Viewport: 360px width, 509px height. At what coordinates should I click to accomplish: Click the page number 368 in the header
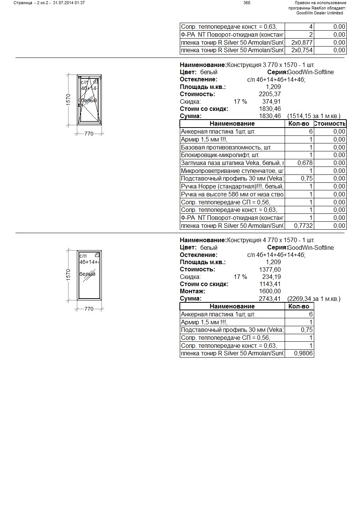click(x=246, y=3)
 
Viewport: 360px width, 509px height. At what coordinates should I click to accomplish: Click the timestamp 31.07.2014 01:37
click(x=69, y=3)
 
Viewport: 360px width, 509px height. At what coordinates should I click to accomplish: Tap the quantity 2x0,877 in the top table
click(x=302, y=42)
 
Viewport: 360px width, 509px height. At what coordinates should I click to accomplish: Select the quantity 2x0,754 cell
click(x=302, y=50)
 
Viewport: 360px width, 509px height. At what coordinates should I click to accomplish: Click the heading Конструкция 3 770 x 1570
click(x=270, y=65)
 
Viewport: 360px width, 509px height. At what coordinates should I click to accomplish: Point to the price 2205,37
click(x=270, y=94)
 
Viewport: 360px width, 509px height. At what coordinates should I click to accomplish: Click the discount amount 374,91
click(x=271, y=101)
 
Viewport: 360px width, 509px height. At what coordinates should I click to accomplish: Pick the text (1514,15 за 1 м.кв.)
click(x=314, y=116)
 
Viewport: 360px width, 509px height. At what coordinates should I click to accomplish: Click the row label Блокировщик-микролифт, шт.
click(x=220, y=155)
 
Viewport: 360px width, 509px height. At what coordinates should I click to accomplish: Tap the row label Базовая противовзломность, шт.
click(x=226, y=147)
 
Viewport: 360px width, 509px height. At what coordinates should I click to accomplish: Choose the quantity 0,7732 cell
click(x=303, y=226)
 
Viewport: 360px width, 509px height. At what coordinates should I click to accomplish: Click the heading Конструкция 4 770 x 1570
click(x=270, y=240)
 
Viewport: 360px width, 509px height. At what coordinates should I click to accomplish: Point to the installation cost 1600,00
click(x=270, y=291)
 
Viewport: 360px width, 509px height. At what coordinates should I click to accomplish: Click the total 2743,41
click(x=270, y=299)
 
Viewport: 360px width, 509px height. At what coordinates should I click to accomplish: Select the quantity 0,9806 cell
click(x=303, y=353)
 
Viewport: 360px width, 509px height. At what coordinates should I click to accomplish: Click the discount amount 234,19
click(x=271, y=277)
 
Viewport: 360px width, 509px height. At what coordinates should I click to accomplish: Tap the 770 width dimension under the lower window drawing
click(x=89, y=309)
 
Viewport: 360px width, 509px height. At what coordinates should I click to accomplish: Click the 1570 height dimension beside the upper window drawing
click(x=69, y=99)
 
